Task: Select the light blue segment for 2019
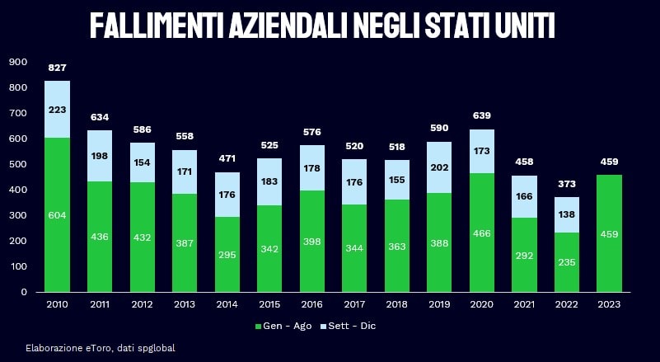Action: coord(440,167)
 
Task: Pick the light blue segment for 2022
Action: coord(567,214)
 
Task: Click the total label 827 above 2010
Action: coord(58,67)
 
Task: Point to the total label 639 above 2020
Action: coord(482,115)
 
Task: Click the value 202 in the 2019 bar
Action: coord(440,167)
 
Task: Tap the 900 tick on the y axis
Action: coord(17,62)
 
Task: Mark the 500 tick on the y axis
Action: coord(17,164)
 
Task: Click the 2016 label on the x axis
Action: coord(312,305)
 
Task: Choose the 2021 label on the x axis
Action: coord(525,305)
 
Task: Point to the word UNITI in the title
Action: coord(521,26)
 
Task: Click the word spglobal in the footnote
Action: coord(157,348)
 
